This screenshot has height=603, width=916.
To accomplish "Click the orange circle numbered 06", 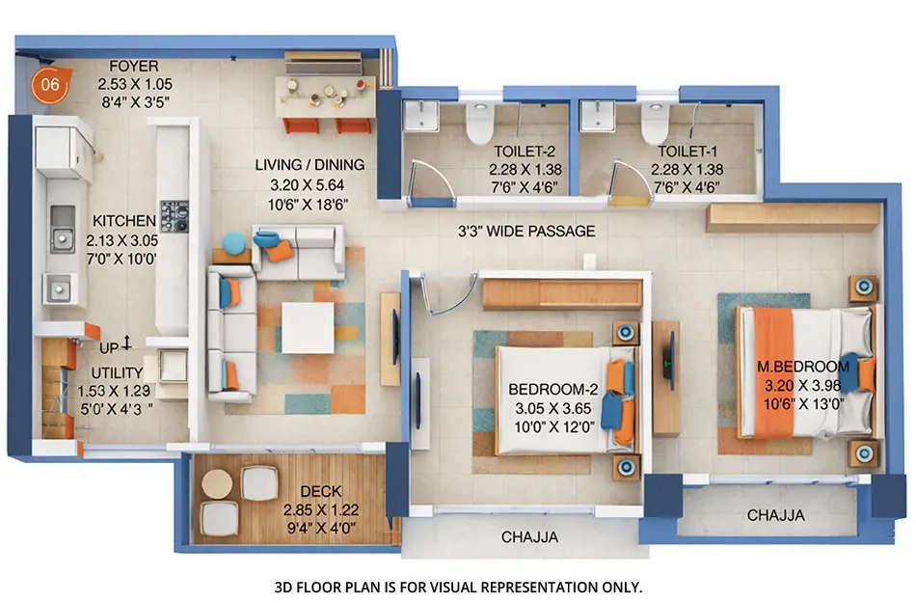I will [x=50, y=85].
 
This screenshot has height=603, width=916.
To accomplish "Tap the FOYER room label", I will [x=134, y=68].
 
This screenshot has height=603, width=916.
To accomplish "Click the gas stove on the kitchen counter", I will [x=175, y=215].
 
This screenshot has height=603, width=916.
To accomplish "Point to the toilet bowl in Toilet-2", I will [x=479, y=123].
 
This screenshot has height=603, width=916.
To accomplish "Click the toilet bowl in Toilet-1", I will [x=656, y=123].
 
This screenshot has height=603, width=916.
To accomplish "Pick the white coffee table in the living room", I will [x=308, y=327].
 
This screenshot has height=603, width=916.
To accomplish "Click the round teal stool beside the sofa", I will [x=234, y=243].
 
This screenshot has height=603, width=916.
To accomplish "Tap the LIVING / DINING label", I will [x=303, y=165].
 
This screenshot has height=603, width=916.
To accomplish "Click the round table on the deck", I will [x=218, y=484].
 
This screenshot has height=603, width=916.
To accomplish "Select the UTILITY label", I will [x=117, y=372].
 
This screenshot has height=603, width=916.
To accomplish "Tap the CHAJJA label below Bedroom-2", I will [x=528, y=537].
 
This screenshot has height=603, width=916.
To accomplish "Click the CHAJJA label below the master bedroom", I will [x=776, y=516].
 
